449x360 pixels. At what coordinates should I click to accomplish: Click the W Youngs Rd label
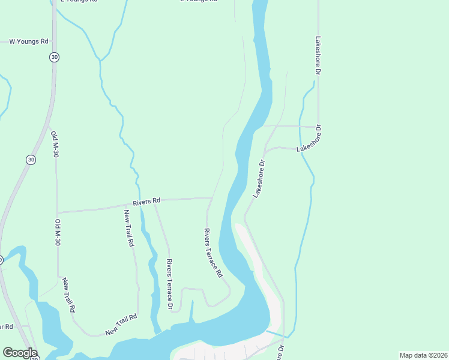click(28, 41)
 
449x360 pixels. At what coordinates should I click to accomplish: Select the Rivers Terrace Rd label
click(213, 252)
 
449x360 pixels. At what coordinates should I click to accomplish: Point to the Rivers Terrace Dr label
click(170, 284)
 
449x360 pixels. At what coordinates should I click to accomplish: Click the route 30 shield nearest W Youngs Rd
click(55, 57)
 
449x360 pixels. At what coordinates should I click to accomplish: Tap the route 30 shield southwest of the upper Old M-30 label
click(31, 160)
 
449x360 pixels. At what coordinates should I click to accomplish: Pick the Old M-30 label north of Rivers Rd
click(55, 144)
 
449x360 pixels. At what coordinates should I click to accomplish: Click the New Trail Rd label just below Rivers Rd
click(129, 229)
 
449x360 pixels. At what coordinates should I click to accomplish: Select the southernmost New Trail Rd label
click(121, 325)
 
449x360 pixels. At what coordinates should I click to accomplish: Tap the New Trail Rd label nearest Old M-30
click(68, 295)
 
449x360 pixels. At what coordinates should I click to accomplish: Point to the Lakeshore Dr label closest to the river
click(259, 179)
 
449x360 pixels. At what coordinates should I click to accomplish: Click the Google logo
click(19, 353)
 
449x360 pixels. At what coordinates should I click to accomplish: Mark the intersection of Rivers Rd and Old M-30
click(57, 212)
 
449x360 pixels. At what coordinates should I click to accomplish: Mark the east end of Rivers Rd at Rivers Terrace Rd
click(211, 197)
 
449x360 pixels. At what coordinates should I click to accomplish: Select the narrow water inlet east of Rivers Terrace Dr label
click(192, 312)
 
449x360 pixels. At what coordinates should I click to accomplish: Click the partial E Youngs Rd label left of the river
click(198, 1)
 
